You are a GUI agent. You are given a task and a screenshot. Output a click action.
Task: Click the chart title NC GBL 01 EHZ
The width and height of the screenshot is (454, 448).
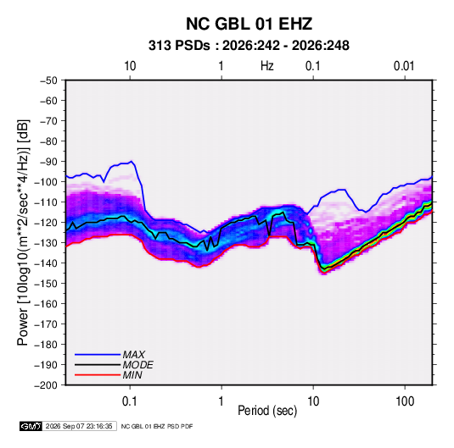click(249, 24)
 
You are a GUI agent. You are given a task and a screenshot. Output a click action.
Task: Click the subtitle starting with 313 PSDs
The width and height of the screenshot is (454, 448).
click(249, 46)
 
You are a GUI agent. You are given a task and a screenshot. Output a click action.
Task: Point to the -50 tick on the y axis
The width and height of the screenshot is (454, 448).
click(48, 80)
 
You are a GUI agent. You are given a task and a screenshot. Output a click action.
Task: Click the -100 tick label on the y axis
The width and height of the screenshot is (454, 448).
click(47, 182)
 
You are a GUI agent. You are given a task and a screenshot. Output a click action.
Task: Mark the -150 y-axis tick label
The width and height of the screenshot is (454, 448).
click(47, 284)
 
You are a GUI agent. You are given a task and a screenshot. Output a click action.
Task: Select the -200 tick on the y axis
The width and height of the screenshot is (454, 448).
click(47, 385)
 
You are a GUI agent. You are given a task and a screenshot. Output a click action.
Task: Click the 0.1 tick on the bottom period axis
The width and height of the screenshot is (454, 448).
click(130, 401)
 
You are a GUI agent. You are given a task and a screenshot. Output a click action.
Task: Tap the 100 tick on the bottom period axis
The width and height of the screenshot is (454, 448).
click(405, 401)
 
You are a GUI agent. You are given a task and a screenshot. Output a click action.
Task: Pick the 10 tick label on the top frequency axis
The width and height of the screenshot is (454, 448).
click(130, 66)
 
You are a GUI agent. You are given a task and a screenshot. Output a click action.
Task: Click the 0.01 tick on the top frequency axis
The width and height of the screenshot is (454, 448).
click(404, 66)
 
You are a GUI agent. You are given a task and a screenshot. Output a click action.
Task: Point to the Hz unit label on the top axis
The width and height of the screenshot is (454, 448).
click(267, 66)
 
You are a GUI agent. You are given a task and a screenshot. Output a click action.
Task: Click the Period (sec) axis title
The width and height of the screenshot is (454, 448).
click(267, 411)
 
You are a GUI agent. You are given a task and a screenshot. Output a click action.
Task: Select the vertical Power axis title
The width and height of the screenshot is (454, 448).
click(23, 232)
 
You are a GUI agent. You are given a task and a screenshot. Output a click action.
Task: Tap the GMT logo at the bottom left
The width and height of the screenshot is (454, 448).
click(31, 426)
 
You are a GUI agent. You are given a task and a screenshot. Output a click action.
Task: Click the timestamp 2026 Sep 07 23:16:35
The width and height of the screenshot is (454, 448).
click(79, 426)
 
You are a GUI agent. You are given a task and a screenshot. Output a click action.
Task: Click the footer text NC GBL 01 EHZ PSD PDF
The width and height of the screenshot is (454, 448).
click(157, 426)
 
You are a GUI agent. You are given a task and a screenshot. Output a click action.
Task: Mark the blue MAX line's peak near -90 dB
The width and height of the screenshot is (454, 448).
click(132, 161)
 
